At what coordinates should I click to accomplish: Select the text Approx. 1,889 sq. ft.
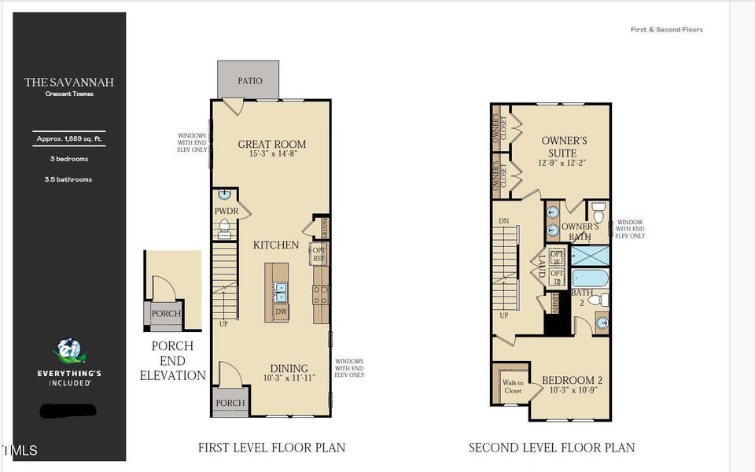click(68, 139)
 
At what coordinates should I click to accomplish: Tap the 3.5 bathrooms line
click(68, 179)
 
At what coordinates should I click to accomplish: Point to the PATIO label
click(249, 81)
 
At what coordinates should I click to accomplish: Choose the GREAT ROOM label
click(271, 144)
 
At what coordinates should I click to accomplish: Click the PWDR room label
click(226, 211)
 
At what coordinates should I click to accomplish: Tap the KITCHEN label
click(276, 245)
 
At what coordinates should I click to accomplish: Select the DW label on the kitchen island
click(281, 312)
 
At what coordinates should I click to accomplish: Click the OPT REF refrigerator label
click(319, 254)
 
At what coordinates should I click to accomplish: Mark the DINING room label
click(289, 368)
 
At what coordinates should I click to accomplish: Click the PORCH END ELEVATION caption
click(172, 361)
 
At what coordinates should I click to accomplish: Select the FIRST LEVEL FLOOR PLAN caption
click(271, 448)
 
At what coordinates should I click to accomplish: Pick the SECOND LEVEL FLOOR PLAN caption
click(551, 448)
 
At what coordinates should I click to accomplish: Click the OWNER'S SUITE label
click(564, 146)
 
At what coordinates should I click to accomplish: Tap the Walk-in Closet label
click(512, 385)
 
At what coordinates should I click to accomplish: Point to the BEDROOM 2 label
click(572, 381)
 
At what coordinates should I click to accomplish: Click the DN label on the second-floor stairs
click(504, 221)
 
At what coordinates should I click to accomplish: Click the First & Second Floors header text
click(666, 30)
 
